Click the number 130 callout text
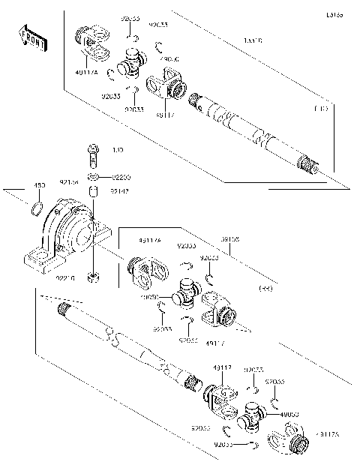[117, 151]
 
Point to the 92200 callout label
[121, 177]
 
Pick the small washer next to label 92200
[92, 176]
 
